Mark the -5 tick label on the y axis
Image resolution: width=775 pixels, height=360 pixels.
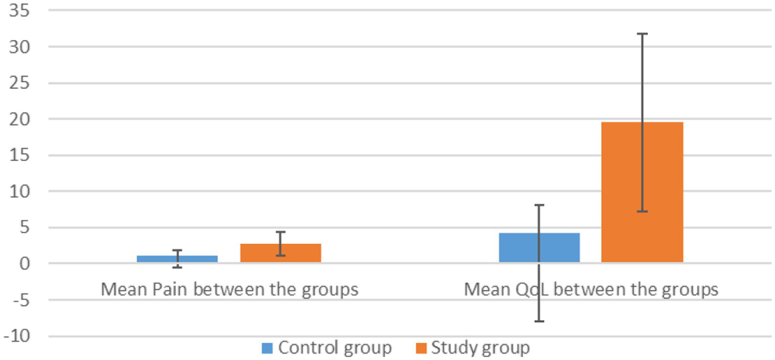tap(21, 300)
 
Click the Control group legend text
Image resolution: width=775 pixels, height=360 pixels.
tap(335, 348)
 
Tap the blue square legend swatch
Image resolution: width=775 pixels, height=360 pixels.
tap(268, 348)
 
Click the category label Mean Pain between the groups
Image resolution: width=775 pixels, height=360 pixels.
tap(229, 290)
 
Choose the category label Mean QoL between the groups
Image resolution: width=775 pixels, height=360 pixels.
tap(591, 290)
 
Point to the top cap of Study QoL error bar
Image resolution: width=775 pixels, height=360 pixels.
tap(642, 34)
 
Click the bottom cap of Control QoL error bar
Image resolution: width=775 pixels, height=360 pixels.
tap(539, 321)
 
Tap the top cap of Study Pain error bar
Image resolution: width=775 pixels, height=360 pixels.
tap(280, 232)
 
